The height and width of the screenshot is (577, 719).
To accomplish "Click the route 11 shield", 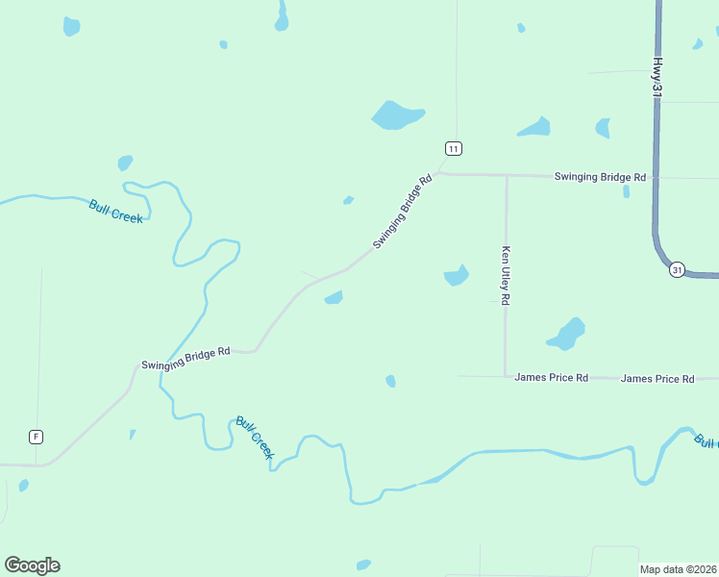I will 454,148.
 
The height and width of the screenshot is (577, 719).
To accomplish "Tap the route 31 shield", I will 678,270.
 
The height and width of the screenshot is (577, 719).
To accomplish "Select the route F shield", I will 36,437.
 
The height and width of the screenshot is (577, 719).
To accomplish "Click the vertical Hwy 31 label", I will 657,76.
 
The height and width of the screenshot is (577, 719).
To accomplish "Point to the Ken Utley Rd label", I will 505,276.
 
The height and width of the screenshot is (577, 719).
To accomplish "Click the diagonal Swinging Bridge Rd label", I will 402,212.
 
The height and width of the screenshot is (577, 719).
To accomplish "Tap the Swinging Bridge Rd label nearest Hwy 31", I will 600,178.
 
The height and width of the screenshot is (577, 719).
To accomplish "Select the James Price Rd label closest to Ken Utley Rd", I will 551,378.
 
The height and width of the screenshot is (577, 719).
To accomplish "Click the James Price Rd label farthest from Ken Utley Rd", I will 657,379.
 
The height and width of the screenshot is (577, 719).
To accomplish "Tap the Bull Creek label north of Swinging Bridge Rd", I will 116,211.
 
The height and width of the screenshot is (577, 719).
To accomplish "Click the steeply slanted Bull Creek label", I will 255,437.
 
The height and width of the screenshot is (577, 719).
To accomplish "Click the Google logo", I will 32,565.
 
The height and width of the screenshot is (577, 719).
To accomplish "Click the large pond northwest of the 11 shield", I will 397,115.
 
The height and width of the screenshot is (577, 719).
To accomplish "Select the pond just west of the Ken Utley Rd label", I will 456,277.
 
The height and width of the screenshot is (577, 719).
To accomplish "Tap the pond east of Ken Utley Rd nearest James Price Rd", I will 567,334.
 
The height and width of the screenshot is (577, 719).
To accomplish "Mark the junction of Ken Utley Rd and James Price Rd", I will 506,376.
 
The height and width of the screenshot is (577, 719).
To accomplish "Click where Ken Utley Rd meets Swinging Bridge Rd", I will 507,176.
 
